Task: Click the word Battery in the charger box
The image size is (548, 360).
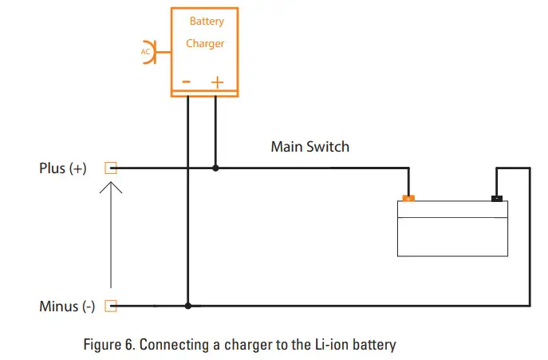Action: (x=206, y=22)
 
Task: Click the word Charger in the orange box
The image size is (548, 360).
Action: (x=205, y=44)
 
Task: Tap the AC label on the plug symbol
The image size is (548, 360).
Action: (x=145, y=52)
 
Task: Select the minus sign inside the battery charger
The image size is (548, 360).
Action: (x=187, y=81)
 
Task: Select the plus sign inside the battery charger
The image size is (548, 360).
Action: (x=217, y=81)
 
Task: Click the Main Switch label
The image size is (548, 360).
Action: (x=309, y=147)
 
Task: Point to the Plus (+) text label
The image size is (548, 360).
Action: (x=63, y=168)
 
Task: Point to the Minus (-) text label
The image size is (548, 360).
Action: (x=67, y=307)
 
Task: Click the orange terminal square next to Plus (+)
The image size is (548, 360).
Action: (x=111, y=168)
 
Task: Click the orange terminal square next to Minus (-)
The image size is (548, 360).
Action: (x=111, y=306)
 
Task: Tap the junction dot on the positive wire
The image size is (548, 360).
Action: (x=215, y=168)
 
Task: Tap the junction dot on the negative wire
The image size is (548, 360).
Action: (x=188, y=306)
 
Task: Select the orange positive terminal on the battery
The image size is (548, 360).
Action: (x=408, y=198)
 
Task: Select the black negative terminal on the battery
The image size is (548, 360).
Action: (x=497, y=198)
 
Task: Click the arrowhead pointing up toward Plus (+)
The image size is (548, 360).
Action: (x=111, y=187)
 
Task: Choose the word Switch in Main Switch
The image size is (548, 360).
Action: (x=328, y=147)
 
